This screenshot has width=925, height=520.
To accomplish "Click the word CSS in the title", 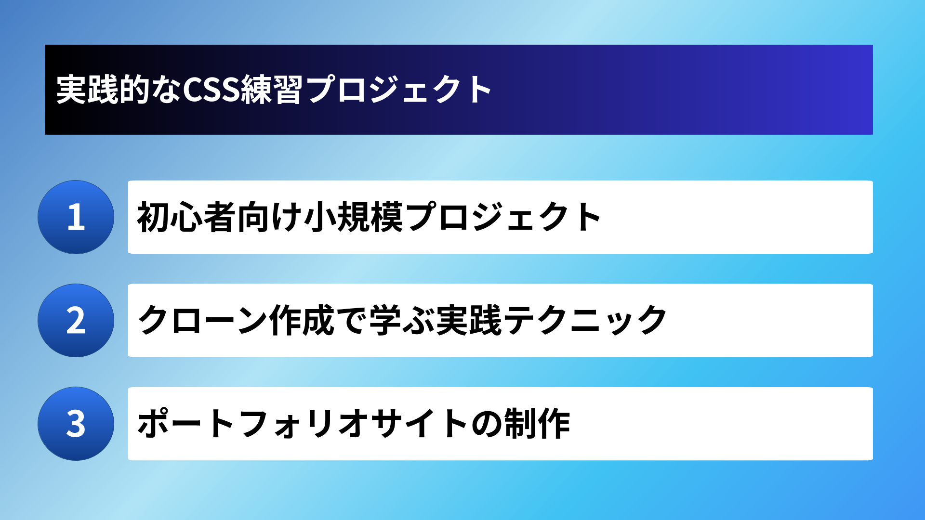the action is (211, 90).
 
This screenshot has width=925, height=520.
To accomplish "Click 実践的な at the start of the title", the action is (119, 90).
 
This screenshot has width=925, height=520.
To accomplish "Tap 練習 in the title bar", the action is (272, 90).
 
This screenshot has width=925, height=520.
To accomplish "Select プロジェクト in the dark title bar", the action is (398, 90).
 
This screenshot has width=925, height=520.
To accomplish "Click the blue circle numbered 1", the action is (76, 217).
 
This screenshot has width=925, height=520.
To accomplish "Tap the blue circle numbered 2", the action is (76, 320).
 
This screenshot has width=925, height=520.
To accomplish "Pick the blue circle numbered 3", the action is (76, 424).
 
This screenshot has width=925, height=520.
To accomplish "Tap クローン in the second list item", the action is (203, 320).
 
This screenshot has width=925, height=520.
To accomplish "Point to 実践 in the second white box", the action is (468, 320).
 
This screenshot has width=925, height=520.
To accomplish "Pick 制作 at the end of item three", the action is (537, 424).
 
